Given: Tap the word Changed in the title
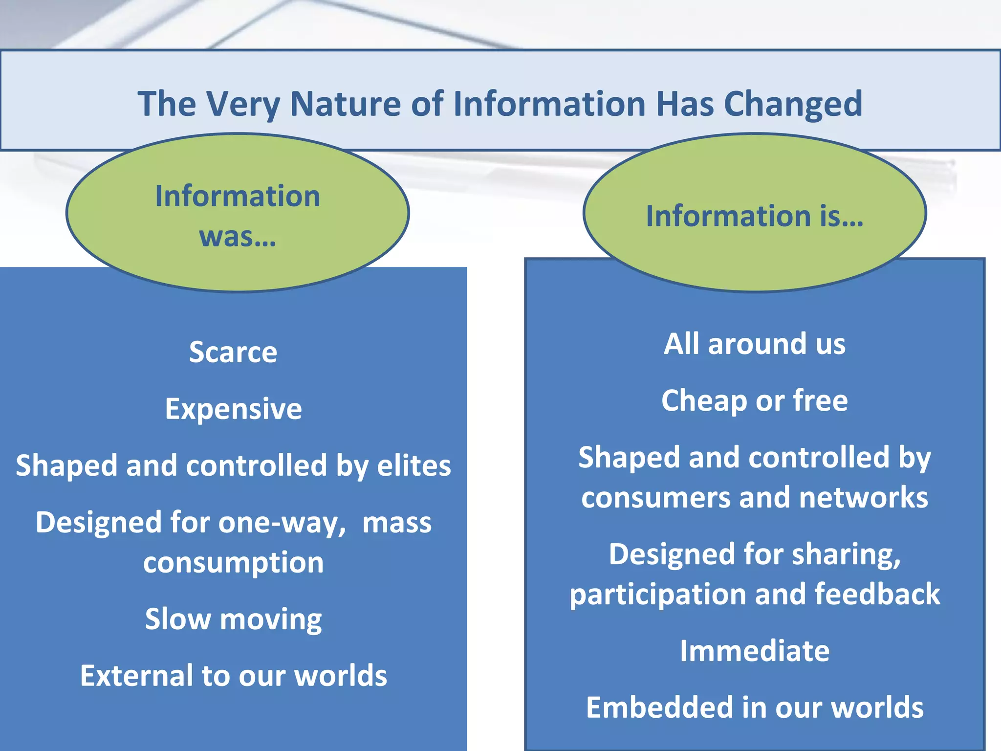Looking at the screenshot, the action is point(793,105).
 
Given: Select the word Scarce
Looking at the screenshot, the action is point(233,352).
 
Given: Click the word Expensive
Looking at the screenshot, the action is point(233,409).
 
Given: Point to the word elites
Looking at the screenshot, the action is point(414,465).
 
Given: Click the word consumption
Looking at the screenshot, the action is point(233,563).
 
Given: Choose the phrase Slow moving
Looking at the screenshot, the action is point(233,619).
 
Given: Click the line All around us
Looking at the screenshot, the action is point(754,344).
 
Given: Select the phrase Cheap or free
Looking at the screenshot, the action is point(754,401).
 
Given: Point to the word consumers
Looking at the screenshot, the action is point(656,498).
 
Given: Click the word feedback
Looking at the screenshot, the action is point(877,594).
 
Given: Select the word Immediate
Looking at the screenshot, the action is point(754,651).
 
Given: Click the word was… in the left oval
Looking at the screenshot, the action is point(238,237).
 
